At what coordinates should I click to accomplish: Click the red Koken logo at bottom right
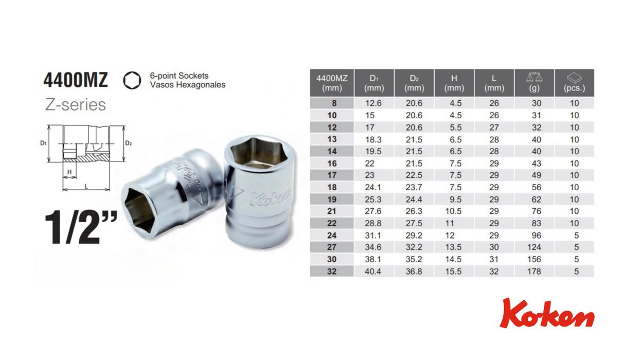click(547, 313)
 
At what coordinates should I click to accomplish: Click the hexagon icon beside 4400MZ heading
click(132, 80)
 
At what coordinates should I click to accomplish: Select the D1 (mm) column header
click(374, 83)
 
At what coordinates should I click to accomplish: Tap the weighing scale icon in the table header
click(534, 78)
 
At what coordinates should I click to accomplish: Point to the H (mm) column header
click(454, 83)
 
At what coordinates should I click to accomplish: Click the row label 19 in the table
click(332, 200)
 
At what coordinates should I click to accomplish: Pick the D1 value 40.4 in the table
click(373, 272)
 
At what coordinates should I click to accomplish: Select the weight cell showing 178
click(534, 272)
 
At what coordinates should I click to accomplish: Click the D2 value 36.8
click(414, 272)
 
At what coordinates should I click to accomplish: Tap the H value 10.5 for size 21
click(453, 211)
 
